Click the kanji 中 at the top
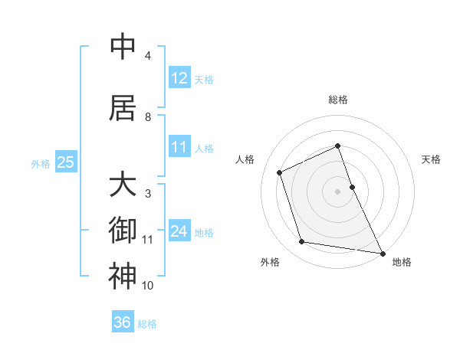coord(123,47)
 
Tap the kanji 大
coord(123,185)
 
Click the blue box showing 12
coord(179,78)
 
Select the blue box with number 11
coord(179,147)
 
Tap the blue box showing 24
coord(179,231)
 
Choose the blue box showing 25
coord(65,162)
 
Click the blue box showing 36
coord(123,322)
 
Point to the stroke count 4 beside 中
coord(148,56)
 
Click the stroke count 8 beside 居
coord(148,117)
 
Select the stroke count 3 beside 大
coord(148,194)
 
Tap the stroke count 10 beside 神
coord(148,286)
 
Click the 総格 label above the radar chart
coord(338,100)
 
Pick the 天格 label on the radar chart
coord(432,159)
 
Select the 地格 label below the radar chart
coord(402,262)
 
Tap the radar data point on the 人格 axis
coord(280,172)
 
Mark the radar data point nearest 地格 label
coord(382,253)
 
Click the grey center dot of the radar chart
coord(338,191)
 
